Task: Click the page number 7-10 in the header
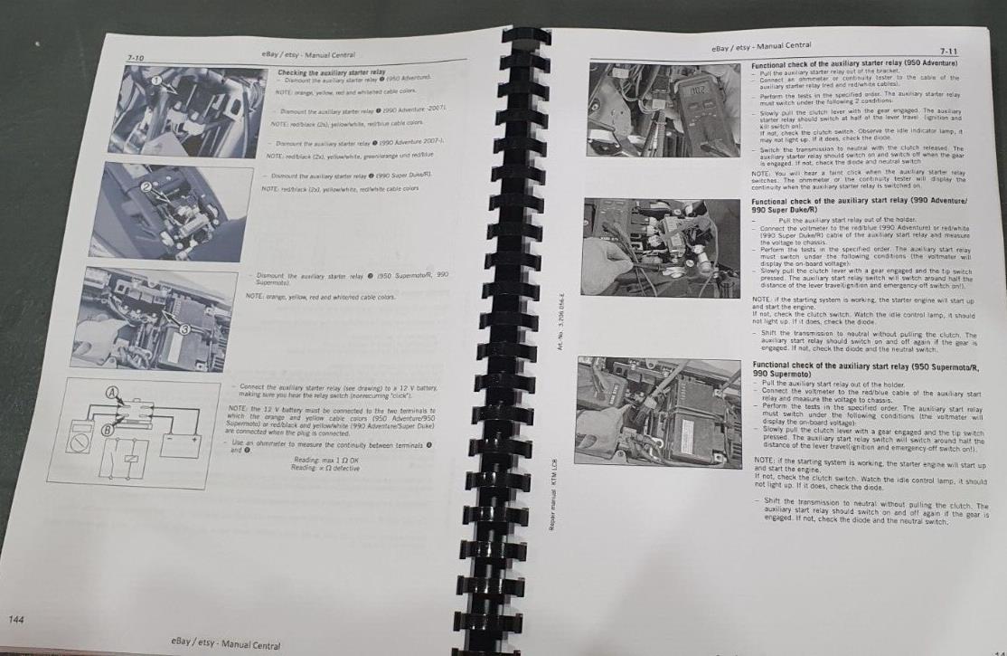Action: [x=135, y=58]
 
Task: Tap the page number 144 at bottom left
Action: [x=16, y=620]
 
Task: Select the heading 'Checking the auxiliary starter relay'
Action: [x=331, y=72]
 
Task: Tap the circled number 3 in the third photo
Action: [x=184, y=329]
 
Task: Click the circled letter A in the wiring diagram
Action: [x=112, y=394]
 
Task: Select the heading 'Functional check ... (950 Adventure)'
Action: [x=854, y=65]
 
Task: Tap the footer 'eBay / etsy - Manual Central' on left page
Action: [x=221, y=645]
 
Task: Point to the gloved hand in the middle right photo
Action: [x=606, y=258]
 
